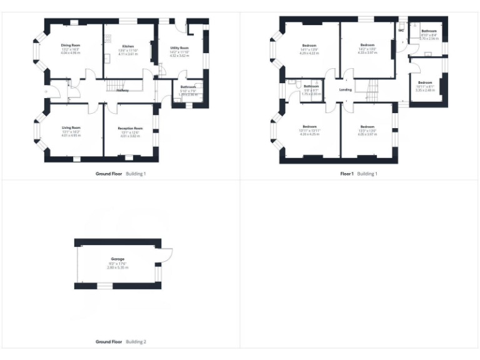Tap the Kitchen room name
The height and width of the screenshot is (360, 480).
128,47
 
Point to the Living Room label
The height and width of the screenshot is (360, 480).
71,127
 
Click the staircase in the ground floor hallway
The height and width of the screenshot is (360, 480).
116,84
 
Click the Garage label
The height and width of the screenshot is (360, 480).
117,259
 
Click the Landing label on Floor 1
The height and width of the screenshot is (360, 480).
345,90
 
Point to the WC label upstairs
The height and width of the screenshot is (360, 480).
401,29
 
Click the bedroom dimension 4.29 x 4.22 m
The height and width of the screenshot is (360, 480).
309,53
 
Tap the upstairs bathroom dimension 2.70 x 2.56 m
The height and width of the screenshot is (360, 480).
429,39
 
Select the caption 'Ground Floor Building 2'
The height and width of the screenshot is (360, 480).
121,342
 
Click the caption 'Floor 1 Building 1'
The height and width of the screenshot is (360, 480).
359,174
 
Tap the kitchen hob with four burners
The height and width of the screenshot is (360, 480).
108,39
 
